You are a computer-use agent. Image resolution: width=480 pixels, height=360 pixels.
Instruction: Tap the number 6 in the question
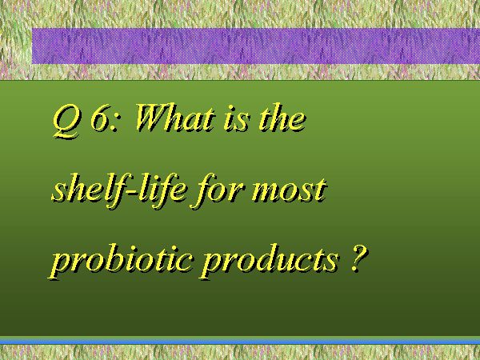coord(100,118)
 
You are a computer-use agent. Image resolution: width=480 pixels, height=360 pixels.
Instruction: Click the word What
coord(174,118)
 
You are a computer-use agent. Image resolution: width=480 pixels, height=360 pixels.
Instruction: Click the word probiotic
coord(122,260)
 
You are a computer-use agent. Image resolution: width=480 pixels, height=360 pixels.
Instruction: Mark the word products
coord(270,260)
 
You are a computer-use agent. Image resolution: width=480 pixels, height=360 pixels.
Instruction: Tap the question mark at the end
coord(358,258)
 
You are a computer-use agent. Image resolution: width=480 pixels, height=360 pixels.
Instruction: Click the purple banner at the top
coord(256,46)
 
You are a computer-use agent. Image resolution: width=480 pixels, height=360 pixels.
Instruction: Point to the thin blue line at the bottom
coord(240,342)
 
